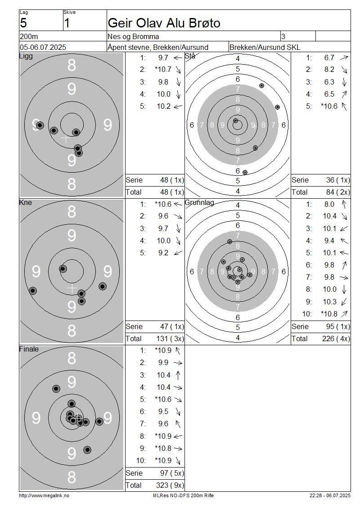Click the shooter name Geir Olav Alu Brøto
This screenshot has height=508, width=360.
[x=164, y=23]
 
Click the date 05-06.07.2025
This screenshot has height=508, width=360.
[x=43, y=47]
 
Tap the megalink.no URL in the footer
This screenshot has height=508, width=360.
[x=44, y=495]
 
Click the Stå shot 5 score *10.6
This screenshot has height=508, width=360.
[x=329, y=106]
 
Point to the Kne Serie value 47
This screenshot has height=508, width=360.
[x=164, y=326]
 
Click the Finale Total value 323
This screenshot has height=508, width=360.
[x=162, y=485]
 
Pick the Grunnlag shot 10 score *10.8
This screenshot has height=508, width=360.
[x=329, y=314]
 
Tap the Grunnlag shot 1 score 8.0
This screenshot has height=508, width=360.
[x=329, y=204]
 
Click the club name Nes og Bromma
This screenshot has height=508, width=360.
[x=133, y=36]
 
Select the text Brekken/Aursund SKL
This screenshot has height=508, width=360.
[x=265, y=47]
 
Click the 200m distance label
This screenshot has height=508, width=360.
[x=29, y=36]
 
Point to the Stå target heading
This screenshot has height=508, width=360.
[x=190, y=56]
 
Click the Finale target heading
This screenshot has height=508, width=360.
[x=29, y=349]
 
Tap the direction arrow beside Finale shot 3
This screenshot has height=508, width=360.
[x=178, y=375]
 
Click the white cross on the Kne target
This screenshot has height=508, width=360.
[x=72, y=288]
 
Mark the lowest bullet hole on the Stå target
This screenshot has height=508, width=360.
[x=245, y=172]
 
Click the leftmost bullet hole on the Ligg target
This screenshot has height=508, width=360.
[x=40, y=125]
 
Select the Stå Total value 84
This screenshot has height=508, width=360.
[x=330, y=192]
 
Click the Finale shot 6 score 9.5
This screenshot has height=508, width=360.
[x=163, y=411]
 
